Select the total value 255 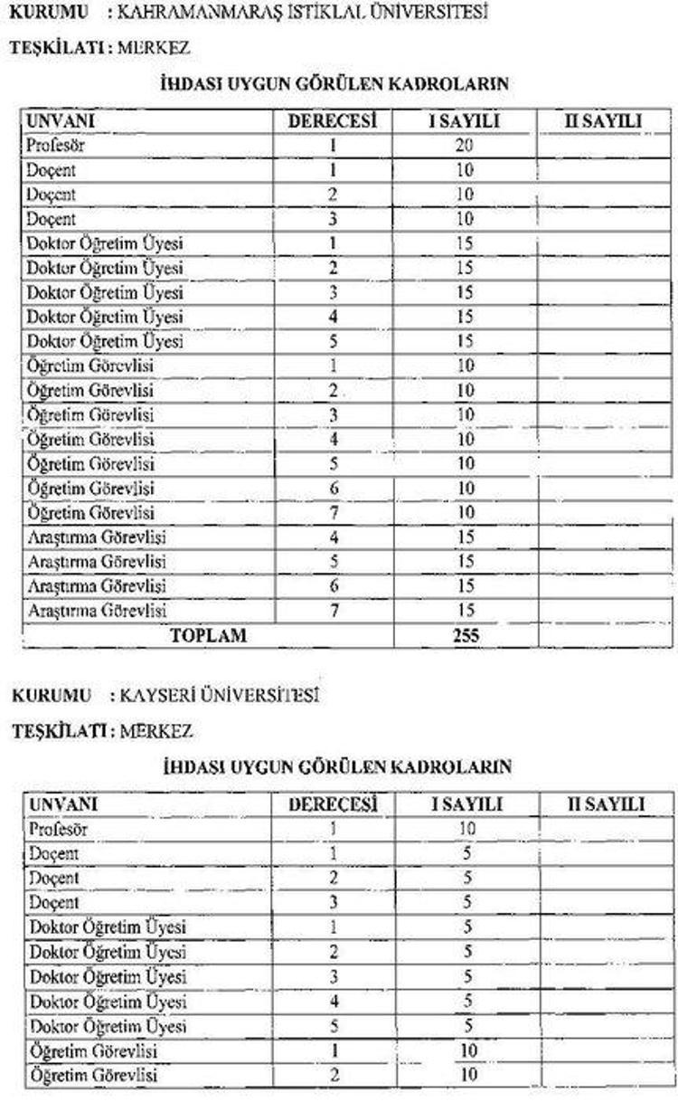pos(466,635)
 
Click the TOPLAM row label pos(208,635)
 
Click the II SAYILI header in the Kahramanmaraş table pos(603,121)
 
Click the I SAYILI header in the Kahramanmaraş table pos(465,121)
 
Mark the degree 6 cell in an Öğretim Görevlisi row pos(334,489)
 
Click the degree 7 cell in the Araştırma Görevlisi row pos(334,611)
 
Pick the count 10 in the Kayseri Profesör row pos(466,829)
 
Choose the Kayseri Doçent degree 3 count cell pos(466,902)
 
